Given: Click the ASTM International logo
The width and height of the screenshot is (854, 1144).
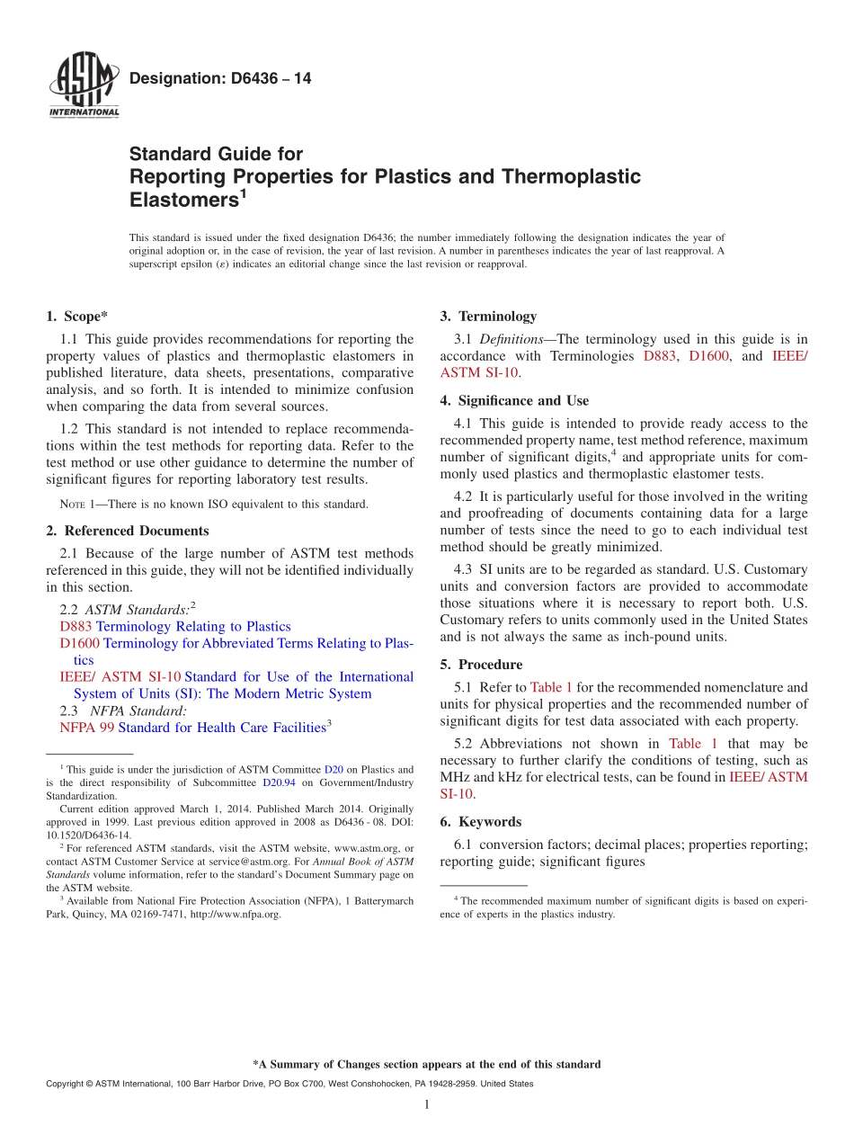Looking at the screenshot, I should pos(83,85).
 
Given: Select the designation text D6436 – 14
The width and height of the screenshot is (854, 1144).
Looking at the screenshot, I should pos(220,78).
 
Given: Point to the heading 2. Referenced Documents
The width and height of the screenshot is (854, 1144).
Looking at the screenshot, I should pos(127,531).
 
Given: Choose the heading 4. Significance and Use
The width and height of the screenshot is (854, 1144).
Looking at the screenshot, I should pos(514,400).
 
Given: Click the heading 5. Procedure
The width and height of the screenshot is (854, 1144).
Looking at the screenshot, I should pos(481,665).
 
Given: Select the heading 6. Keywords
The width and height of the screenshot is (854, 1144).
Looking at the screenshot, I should pos(480,822).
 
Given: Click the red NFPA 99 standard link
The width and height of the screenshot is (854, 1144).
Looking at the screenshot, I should pos(79,728).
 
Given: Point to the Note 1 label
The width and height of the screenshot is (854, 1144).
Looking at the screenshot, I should pos(76,505).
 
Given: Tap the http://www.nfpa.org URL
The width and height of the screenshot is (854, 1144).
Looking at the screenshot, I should pos(236,915).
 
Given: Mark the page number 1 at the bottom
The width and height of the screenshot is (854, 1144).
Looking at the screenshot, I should pos(427,1105).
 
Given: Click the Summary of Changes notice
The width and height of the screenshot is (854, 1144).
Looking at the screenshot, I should pos(426,1064).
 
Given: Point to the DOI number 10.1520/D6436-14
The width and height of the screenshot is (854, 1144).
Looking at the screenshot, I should pos(88,835).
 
